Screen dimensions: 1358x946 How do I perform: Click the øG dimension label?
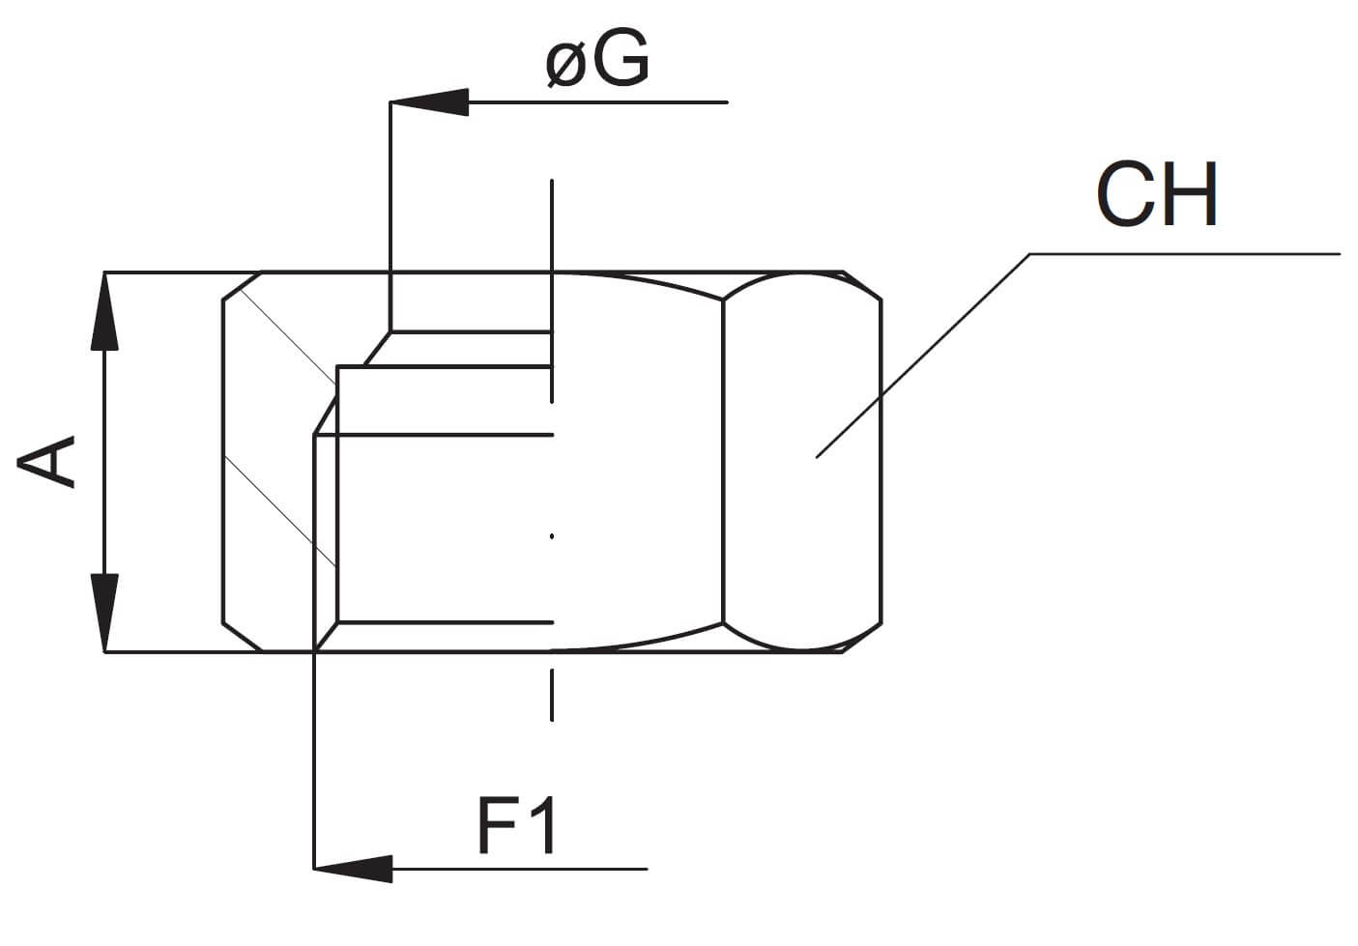597,58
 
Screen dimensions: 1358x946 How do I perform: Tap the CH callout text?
1157,194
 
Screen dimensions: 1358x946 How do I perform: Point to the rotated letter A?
46,462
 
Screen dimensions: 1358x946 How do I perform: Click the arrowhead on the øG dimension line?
429,101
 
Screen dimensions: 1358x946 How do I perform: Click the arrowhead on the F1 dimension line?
353,869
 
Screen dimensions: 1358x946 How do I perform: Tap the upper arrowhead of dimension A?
104,311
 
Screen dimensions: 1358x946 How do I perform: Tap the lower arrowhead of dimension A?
104,613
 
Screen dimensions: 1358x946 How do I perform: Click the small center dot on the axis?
552,536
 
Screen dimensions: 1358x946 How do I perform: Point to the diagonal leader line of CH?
923,356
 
